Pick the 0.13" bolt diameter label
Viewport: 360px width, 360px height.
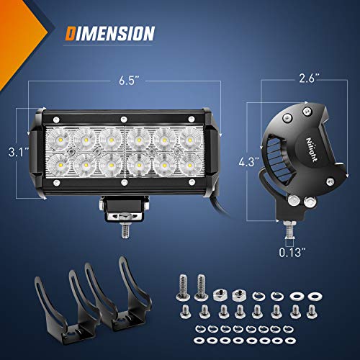coord(291,253)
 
